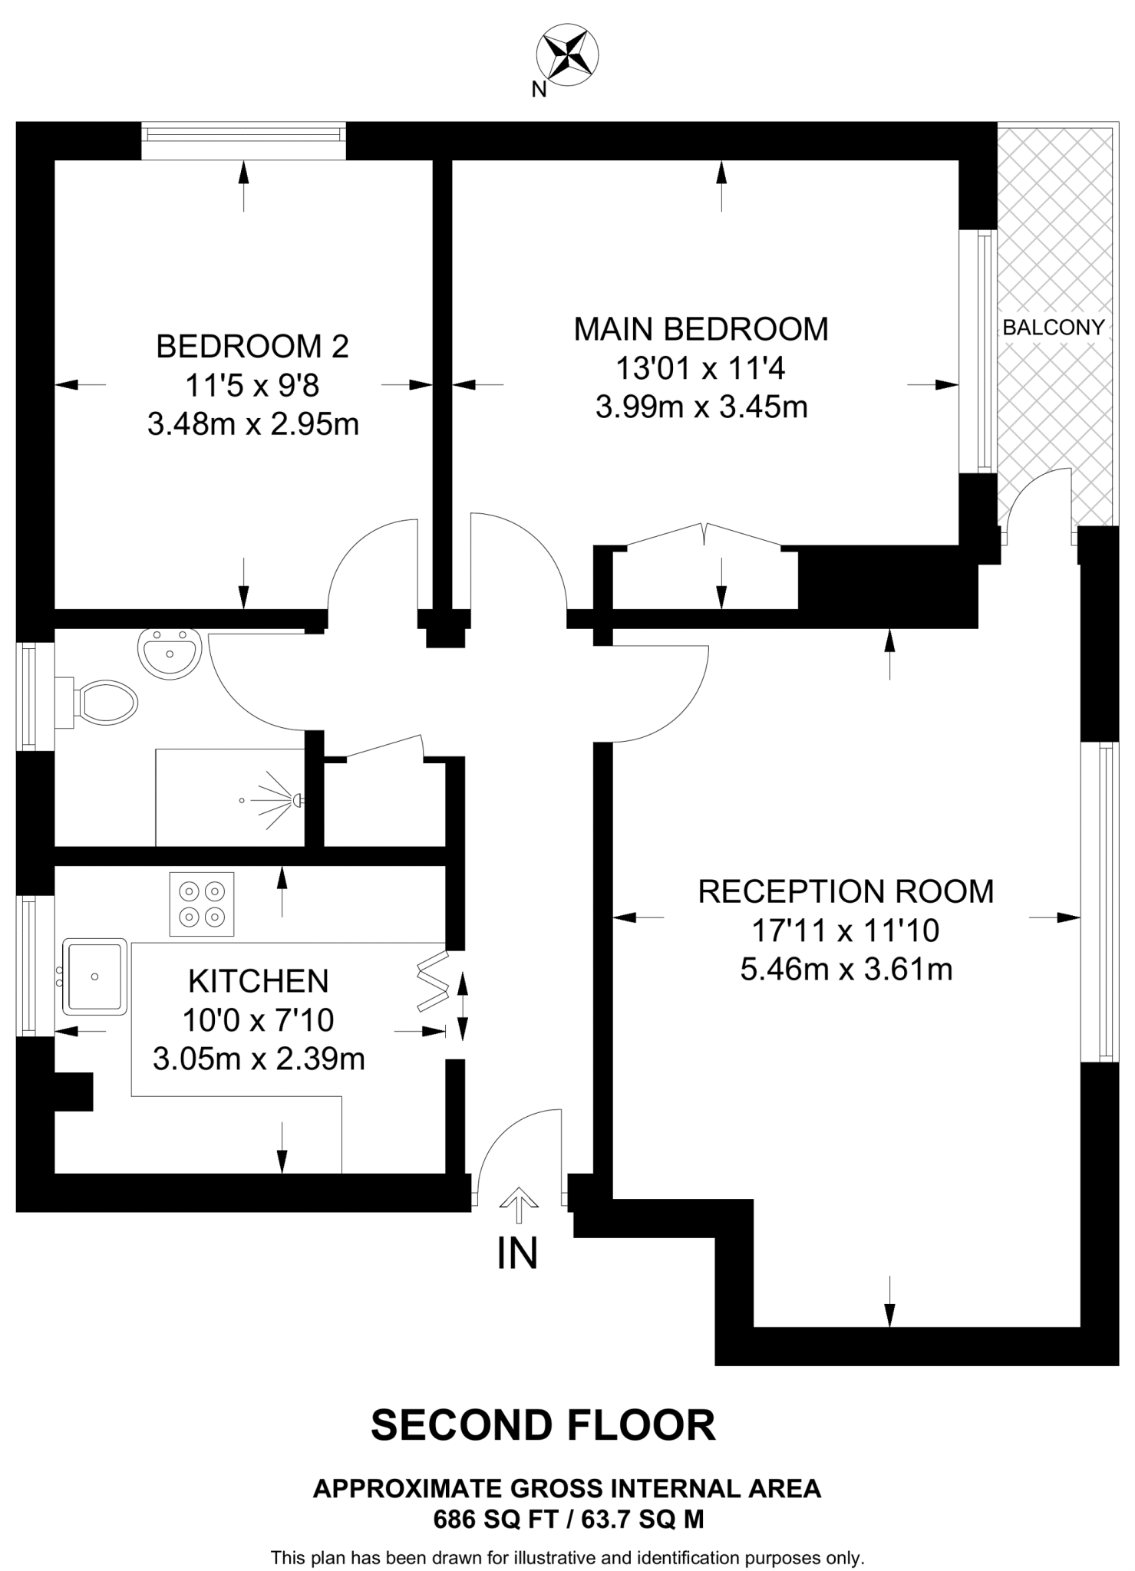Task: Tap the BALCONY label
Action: [x=1053, y=328]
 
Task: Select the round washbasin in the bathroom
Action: [x=169, y=653]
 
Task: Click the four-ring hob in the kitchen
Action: [x=202, y=904]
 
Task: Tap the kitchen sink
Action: [x=94, y=976]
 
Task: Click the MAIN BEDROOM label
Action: [x=701, y=329]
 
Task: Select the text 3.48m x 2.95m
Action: [x=253, y=424]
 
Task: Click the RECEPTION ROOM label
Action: [x=846, y=891]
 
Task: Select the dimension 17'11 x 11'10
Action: [x=846, y=930]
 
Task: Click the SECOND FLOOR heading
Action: [x=543, y=1425]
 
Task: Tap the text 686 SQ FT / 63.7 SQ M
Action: [x=568, y=1519]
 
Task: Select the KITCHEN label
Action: [x=259, y=981]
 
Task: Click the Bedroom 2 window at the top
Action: [x=244, y=134]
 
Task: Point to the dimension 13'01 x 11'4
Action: [x=701, y=368]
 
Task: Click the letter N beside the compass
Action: [x=539, y=91]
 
